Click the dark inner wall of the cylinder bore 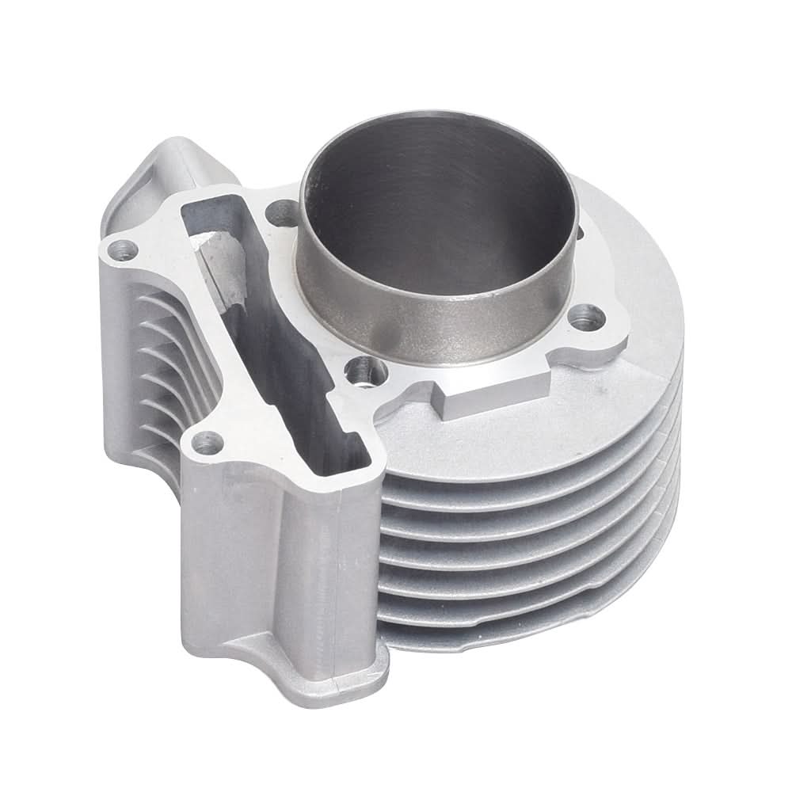coord(428,198)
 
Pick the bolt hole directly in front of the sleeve coord(364,368)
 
